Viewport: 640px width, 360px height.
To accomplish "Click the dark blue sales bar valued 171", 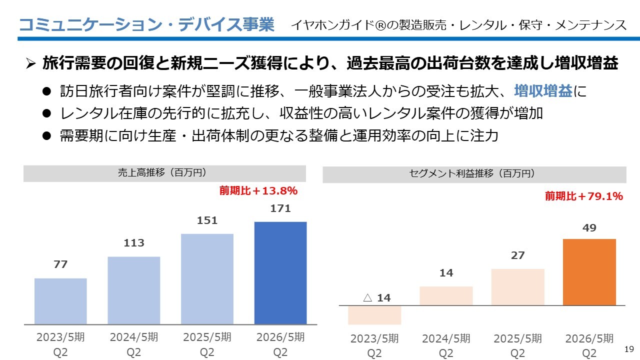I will pyautogui.click(x=280, y=272).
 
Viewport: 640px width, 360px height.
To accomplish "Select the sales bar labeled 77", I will pyautogui.click(x=60, y=301).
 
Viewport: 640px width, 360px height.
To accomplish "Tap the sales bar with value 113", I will pyautogui.click(x=134, y=290).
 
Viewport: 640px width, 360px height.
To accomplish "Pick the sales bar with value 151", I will pyautogui.click(x=207, y=278).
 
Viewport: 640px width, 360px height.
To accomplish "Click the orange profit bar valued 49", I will pyautogui.click(x=589, y=272).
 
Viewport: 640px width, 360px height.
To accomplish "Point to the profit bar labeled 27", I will pyautogui.click(x=517, y=287).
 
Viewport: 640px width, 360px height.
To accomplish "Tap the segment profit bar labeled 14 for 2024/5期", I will pyautogui.click(x=446, y=295).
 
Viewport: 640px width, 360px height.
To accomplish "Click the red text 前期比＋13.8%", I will pyautogui.click(x=258, y=190).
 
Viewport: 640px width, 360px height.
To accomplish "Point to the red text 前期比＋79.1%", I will pyautogui.click(x=584, y=196).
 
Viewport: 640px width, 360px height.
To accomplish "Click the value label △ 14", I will pyautogui.click(x=376, y=298).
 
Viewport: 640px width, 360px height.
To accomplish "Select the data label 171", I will pyautogui.click(x=280, y=209).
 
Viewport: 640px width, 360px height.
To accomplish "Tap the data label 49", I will pyautogui.click(x=589, y=228).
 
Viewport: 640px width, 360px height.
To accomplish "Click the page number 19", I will pyautogui.click(x=629, y=348).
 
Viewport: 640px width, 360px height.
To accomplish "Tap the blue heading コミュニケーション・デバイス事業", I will pyautogui.click(x=146, y=24).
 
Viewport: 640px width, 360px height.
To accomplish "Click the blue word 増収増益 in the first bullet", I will pyautogui.click(x=543, y=91).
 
